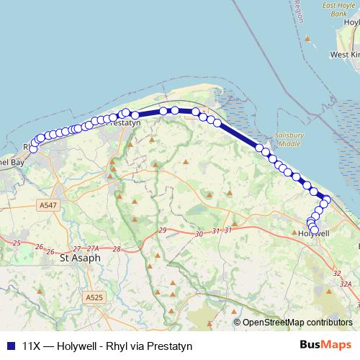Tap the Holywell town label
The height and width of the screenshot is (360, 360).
pos(313,234)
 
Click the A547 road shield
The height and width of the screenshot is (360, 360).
pos(48,205)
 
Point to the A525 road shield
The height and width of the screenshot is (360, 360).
pos(94,297)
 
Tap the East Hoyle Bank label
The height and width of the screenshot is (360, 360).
pos(338,9)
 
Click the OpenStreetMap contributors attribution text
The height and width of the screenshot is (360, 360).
pos(297,323)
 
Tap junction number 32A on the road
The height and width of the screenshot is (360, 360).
pos(346,284)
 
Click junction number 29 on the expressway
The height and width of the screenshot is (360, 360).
pos(163,230)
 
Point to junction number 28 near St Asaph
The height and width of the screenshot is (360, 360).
pos(116,248)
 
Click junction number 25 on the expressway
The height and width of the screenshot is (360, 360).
pos(17,243)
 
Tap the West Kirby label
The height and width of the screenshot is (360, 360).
pos(345,55)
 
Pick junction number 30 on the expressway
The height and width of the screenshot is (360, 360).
pos(199,234)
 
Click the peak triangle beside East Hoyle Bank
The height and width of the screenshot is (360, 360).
pos(308,38)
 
